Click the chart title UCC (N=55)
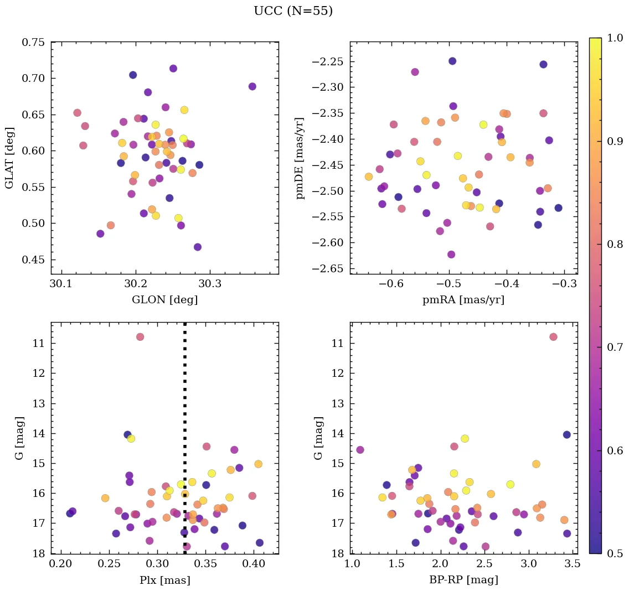pyautogui.click(x=293, y=11)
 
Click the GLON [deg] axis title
pyautogui.click(x=164, y=300)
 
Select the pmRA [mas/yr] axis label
pyautogui.click(x=464, y=300)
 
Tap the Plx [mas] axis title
pyautogui.click(x=164, y=580)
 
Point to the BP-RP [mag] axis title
pyautogui.click(x=464, y=580)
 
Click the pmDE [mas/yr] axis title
pyautogui.click(x=300, y=158)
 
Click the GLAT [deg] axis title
pyautogui.click(x=9, y=158)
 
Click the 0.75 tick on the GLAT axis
pyautogui.click(x=33, y=42)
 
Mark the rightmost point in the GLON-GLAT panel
pyautogui.click(x=252, y=86)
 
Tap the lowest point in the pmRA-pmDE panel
pyautogui.click(x=451, y=255)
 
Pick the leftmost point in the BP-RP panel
pyautogui.click(x=360, y=450)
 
